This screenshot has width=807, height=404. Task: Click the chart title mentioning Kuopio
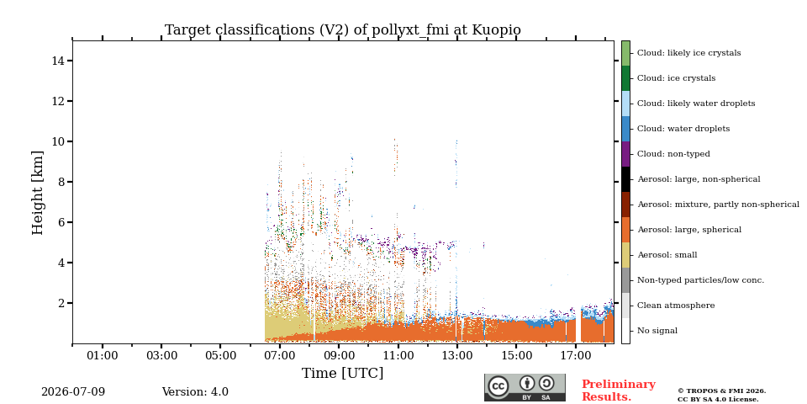[343, 30]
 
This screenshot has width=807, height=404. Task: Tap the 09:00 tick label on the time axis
[339, 355]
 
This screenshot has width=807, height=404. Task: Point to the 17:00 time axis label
[575, 355]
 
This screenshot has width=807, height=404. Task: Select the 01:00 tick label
[103, 355]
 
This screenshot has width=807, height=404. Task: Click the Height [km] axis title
[38, 193]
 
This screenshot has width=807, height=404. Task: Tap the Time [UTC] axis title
[343, 373]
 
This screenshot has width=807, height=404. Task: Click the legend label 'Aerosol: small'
[667, 255]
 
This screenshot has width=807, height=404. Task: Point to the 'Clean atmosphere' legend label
[676, 306]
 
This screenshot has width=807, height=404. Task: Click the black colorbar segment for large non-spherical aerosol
[625, 179]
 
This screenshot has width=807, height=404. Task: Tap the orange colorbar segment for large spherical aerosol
[625, 230]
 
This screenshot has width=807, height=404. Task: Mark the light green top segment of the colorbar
[625, 53]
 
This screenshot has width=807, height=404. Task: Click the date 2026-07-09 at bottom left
[73, 392]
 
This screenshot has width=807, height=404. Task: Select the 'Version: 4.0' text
[195, 392]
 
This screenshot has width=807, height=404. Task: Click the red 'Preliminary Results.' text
[619, 391]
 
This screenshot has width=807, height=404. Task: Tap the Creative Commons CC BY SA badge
[525, 387]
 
